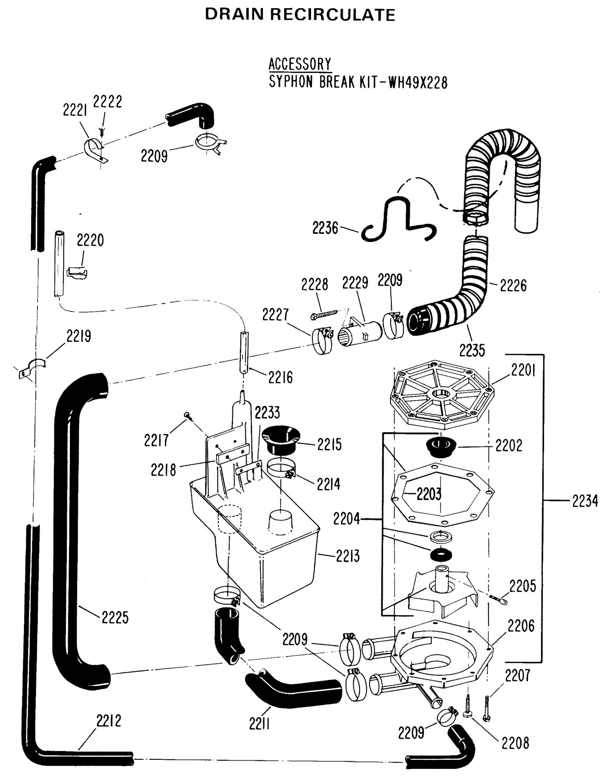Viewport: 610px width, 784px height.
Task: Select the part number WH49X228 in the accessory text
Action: pyautogui.click(x=418, y=83)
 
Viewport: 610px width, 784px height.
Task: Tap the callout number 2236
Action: pyautogui.click(x=325, y=228)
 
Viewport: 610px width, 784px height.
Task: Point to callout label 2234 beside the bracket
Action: pyautogui.click(x=585, y=501)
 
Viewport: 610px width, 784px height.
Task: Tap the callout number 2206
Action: pyautogui.click(x=520, y=626)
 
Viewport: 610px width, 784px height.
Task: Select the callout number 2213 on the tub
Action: pyautogui.click(x=348, y=556)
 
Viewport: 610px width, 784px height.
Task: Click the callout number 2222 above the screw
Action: pyautogui.click(x=107, y=102)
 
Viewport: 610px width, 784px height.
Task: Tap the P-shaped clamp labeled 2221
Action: pyautogui.click(x=94, y=150)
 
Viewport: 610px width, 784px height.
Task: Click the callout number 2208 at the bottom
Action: pyautogui.click(x=515, y=744)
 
